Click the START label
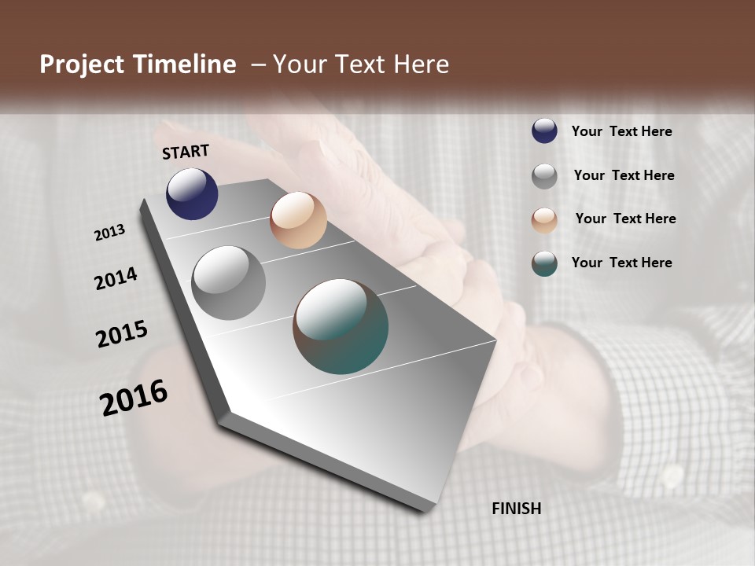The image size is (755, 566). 186,152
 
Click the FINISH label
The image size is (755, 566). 517,509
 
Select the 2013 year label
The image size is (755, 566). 110,233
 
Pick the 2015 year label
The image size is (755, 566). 122,334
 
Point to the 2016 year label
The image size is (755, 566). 134,397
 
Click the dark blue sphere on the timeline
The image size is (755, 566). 192,194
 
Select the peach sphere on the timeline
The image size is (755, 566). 298,220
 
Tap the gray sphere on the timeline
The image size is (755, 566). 228,283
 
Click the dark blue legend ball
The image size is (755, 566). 544,131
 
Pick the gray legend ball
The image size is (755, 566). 544,176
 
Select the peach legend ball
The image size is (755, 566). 544,220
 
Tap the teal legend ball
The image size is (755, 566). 544,263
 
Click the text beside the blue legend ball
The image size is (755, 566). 621,132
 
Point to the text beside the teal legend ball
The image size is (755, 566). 621,263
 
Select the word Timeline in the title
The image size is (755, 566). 186,64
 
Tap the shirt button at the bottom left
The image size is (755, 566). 93,501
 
